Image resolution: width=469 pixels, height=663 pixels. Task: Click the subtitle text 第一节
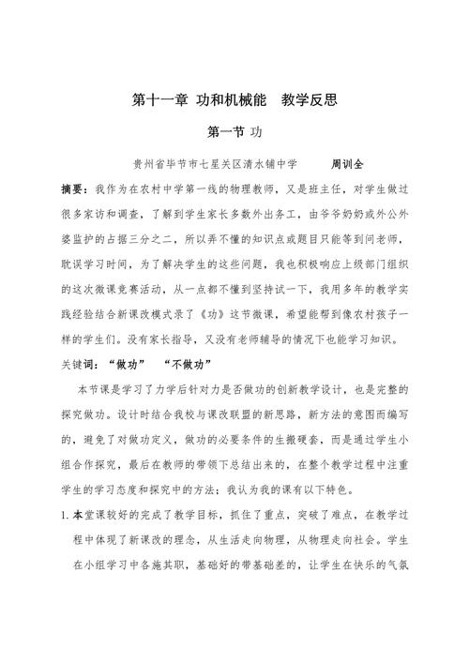[221, 133]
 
